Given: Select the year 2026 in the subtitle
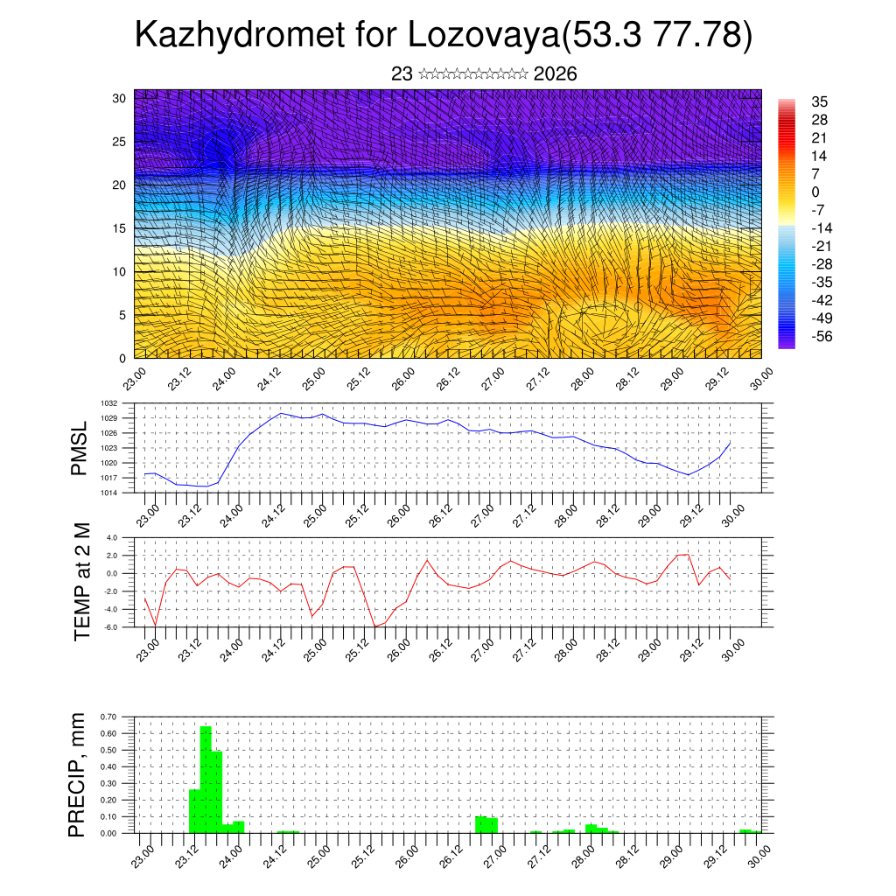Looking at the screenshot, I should [555, 74].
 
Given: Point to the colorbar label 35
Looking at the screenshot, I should [820, 101].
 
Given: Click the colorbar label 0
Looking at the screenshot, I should [815, 192].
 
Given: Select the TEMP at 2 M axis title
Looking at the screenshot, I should [81, 581].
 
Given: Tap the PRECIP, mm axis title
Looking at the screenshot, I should [80, 774].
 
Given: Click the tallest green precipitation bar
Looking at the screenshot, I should [206, 779].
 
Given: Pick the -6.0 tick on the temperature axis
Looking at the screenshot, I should [111, 627].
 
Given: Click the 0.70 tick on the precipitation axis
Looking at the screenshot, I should [108, 717].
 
